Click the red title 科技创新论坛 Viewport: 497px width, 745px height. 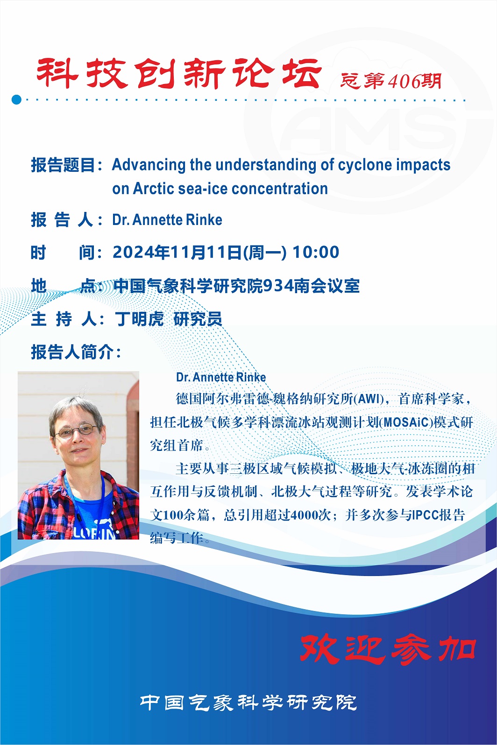(x=179, y=73)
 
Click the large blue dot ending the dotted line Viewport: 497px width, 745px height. (x=16, y=99)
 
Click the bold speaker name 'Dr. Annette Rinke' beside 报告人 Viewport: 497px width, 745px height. (x=167, y=220)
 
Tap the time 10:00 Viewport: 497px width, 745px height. (x=316, y=252)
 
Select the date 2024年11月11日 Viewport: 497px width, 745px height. (x=177, y=252)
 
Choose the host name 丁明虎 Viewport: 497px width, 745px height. (x=139, y=319)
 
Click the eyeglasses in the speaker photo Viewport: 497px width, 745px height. (x=76, y=431)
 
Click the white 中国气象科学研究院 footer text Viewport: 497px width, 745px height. (x=248, y=703)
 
